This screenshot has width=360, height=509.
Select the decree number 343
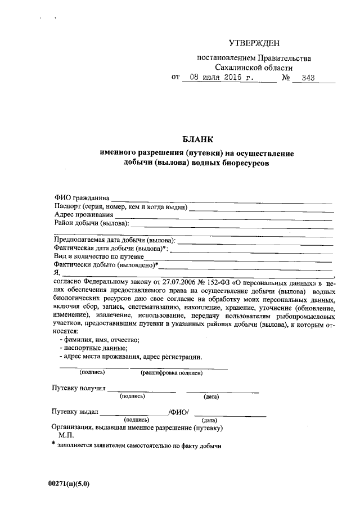tap(308, 78)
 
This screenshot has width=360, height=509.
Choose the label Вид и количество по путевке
tap(99, 256)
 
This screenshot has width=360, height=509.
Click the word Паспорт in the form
tap(67, 207)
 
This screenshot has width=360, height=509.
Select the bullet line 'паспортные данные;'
tap(91, 348)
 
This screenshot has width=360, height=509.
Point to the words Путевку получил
tap(78, 389)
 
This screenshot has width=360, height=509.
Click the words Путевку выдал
tap(75, 412)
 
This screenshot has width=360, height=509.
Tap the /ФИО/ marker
tap(179, 412)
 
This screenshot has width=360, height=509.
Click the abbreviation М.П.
tap(66, 435)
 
